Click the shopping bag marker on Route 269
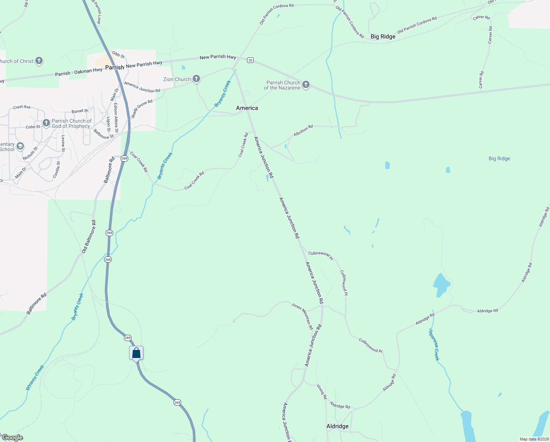136,353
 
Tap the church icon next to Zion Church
197,79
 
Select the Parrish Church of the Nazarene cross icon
306,85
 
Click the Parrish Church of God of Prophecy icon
46,123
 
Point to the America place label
247,108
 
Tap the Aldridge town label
337,426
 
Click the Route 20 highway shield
250,60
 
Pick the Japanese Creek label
434,344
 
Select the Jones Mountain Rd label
302,316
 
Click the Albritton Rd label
303,130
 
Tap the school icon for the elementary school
20,147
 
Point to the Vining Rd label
322,392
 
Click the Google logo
12,438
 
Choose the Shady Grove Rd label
142,109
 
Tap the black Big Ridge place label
383,36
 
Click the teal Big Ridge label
499,159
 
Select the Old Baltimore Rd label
89,237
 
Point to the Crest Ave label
22,107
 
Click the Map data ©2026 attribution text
534,439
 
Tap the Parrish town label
115,67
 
